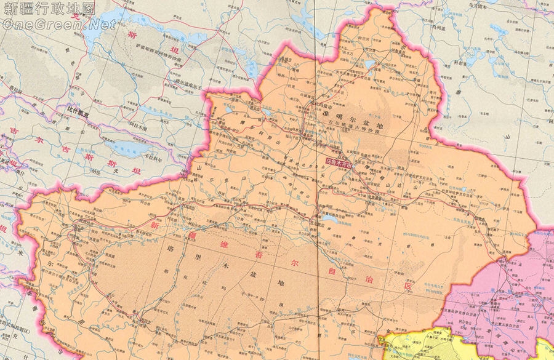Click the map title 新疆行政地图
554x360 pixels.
pos(49,9)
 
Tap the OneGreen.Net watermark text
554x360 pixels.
pos(58,25)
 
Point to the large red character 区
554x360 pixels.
pos(406,287)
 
